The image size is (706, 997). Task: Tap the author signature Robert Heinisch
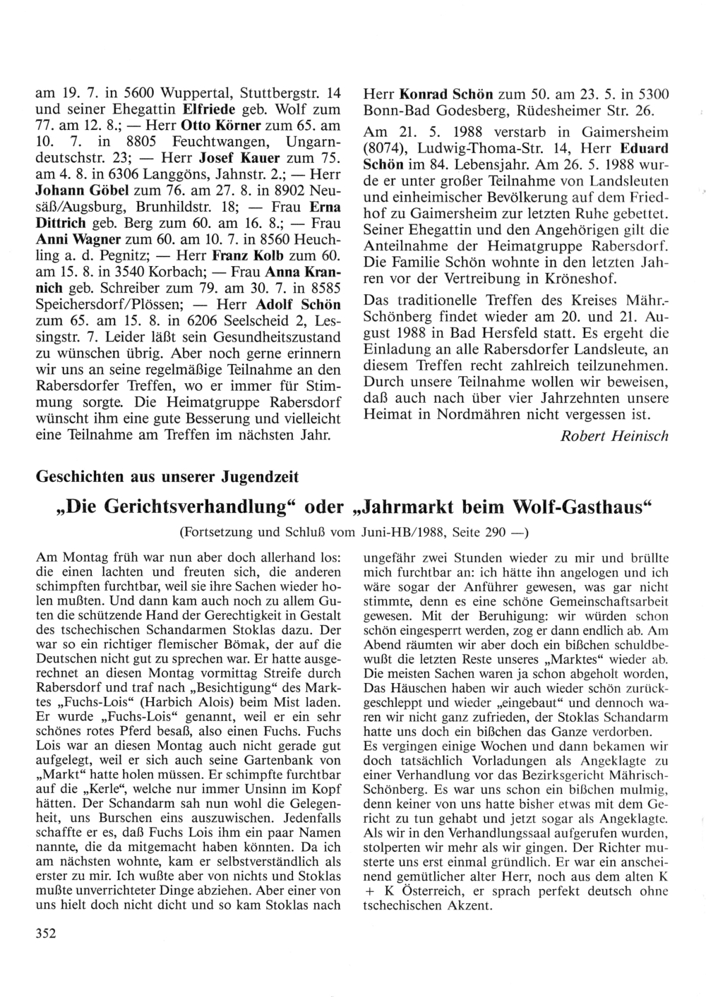click(x=614, y=436)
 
